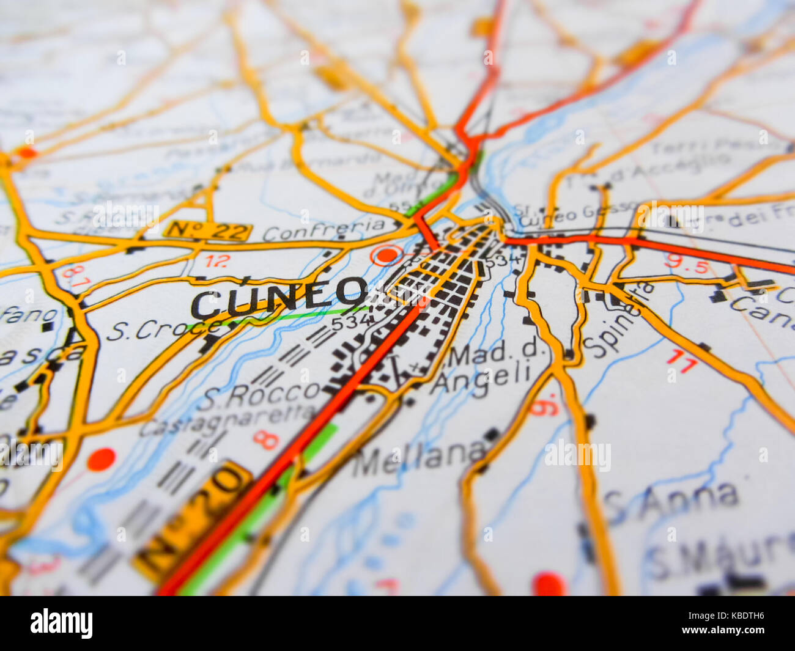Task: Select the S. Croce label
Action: coord(161,329)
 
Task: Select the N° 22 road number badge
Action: coord(208,230)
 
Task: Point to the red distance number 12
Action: coord(216,261)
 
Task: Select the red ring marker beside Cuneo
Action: coord(386,255)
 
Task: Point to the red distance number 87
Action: coord(75,276)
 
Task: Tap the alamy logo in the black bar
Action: coord(61,623)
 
